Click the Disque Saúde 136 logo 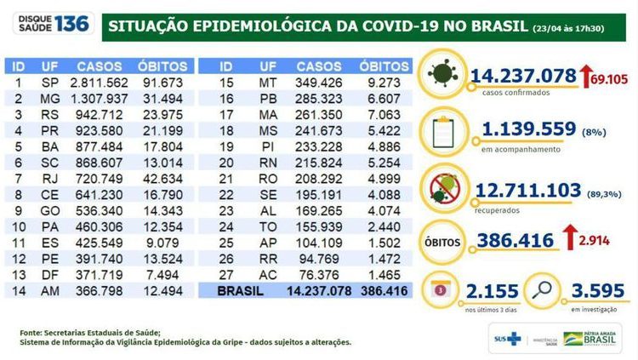(48, 23)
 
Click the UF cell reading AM (49, 291)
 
